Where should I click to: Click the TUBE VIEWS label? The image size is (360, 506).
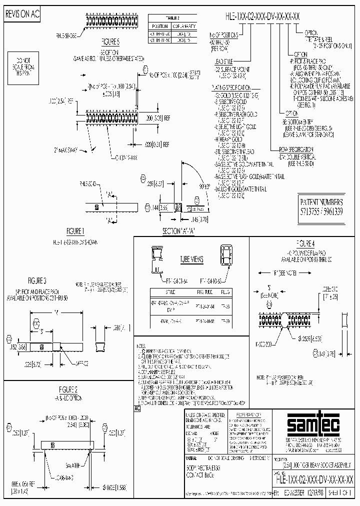(x=191, y=259)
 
